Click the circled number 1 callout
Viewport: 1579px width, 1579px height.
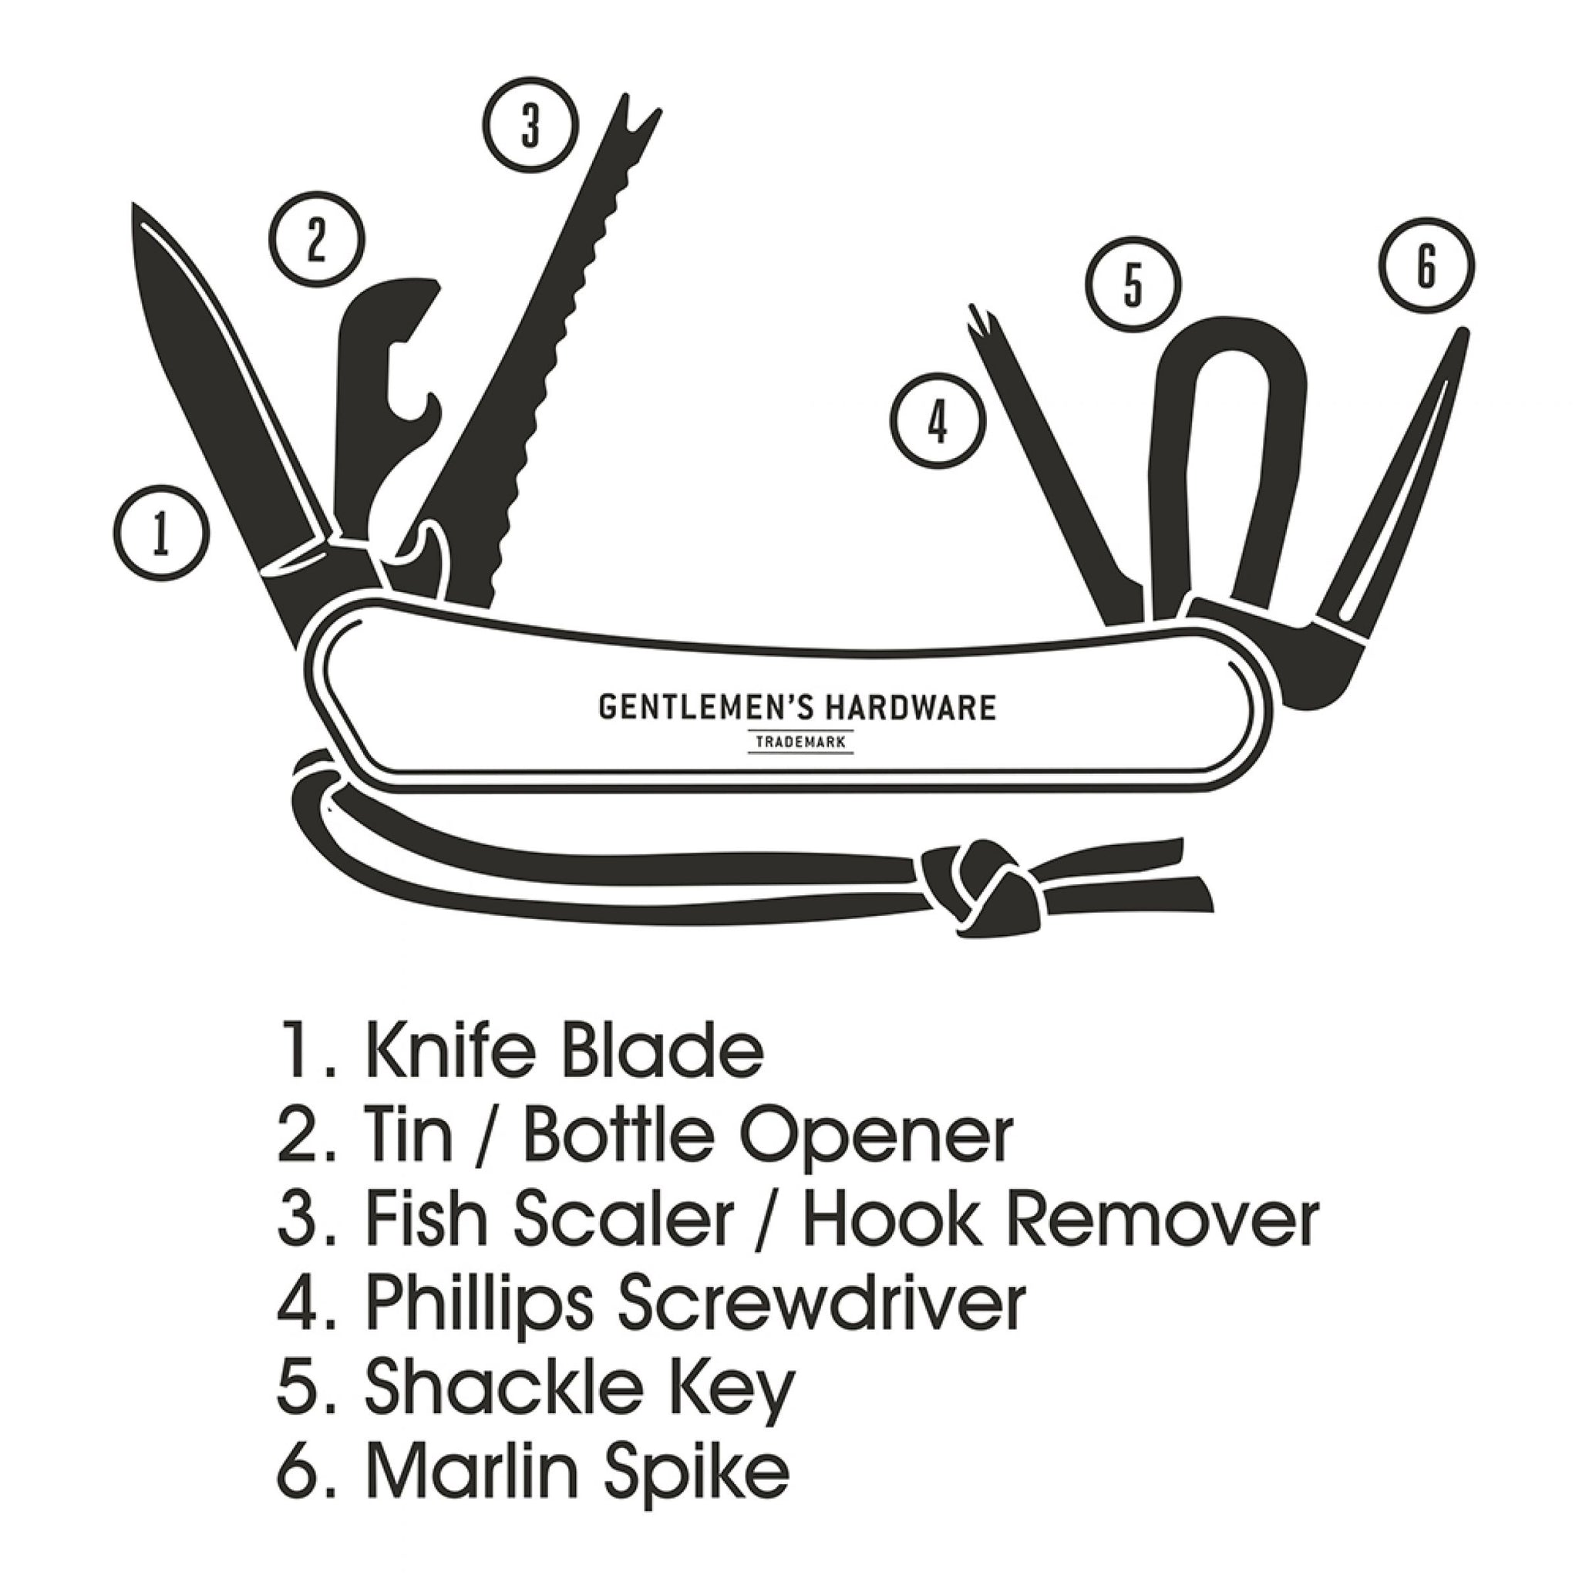162,533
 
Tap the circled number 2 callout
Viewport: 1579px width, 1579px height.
316,240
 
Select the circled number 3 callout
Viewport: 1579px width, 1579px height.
530,126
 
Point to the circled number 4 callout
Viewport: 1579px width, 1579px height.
938,421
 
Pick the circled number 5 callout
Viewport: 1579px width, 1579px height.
1133,285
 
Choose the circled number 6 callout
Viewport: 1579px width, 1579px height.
1426,266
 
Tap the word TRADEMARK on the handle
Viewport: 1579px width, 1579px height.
800,743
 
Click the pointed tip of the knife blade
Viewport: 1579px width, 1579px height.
135,209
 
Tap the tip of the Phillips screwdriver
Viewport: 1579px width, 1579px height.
976,314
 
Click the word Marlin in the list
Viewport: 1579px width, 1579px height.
460,1471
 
